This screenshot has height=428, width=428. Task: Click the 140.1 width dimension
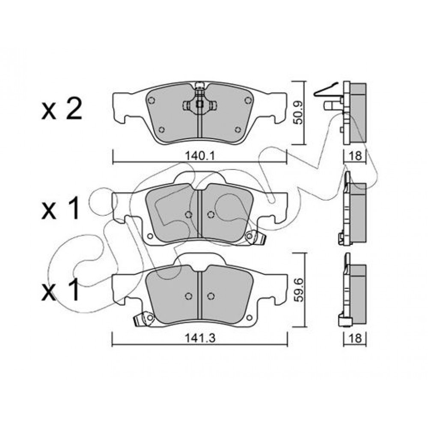[x=200, y=156]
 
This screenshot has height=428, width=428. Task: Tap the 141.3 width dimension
[x=200, y=339]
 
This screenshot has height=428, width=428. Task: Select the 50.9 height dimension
[x=300, y=113]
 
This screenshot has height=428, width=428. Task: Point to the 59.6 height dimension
[x=300, y=290]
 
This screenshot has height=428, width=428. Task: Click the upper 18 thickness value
[x=355, y=156]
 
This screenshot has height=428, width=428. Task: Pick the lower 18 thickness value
[x=355, y=339]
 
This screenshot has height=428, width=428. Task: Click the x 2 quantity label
[x=62, y=110]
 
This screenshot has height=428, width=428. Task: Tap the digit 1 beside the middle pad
[x=71, y=208]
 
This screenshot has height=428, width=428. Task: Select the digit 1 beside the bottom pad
[x=71, y=290]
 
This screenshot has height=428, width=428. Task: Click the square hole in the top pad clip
[x=200, y=104]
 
